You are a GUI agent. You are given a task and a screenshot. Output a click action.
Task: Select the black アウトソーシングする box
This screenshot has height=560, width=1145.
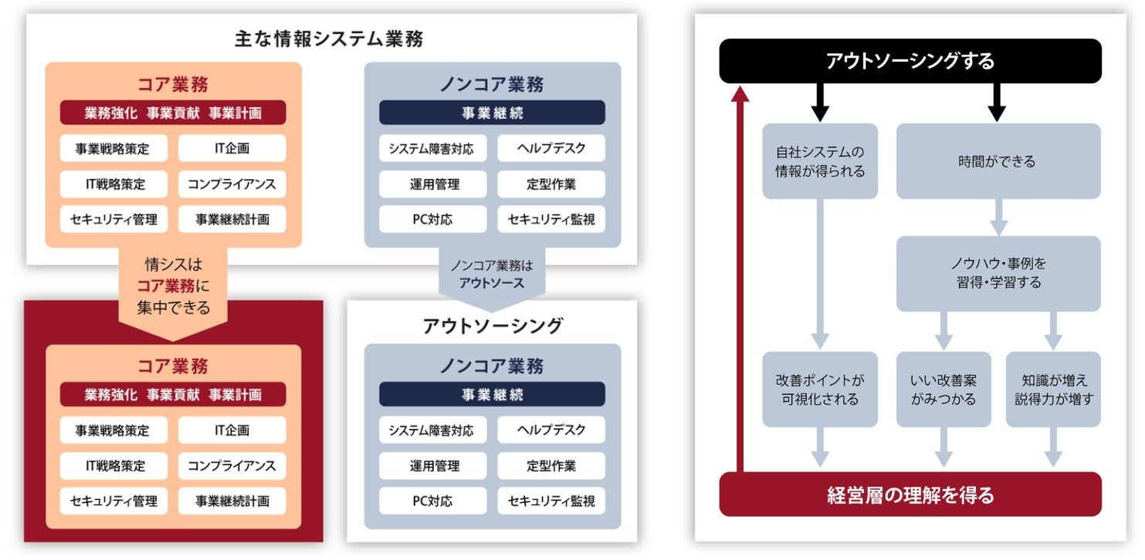910,61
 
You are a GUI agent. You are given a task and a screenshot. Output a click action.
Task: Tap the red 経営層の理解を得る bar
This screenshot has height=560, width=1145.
910,494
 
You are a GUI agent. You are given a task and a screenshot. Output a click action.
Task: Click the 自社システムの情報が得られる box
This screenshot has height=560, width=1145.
820,161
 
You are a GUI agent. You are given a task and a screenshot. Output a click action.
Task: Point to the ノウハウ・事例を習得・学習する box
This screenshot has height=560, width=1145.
998,273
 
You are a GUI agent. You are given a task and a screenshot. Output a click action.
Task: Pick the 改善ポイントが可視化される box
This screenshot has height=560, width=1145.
820,390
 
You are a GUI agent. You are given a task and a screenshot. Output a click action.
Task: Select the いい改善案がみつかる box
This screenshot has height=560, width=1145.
943,390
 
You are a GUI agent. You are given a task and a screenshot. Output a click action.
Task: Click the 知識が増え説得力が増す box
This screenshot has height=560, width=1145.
1053,390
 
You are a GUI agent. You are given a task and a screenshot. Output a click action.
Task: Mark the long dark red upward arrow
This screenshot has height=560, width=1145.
740,278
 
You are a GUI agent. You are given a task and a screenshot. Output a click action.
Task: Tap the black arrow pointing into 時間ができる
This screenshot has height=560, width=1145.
997,102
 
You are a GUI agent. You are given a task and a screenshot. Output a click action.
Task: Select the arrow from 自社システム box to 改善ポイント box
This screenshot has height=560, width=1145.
820,274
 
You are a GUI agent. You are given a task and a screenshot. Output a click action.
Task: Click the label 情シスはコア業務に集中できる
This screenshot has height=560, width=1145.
173,286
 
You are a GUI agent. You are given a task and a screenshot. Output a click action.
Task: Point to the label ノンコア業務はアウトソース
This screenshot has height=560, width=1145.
492,274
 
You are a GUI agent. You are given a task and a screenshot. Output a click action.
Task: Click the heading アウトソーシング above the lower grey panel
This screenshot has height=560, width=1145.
492,326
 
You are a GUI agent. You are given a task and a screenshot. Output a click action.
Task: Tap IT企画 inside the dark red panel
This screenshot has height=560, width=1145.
232,430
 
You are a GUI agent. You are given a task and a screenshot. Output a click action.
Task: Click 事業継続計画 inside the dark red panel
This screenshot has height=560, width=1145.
232,501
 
